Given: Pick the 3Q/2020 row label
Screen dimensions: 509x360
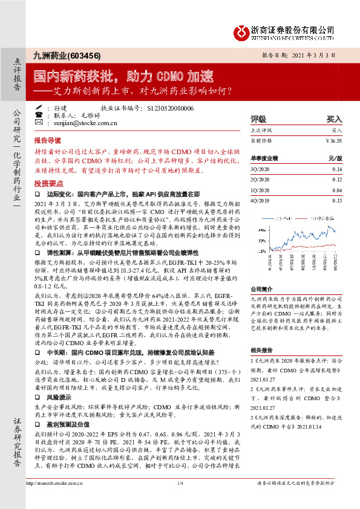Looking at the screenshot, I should pyautogui.click(x=260, y=169).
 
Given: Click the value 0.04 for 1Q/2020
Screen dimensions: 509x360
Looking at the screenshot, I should pyautogui.click(x=336, y=190).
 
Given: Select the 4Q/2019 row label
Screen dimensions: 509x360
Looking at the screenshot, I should pyautogui.click(x=260, y=200).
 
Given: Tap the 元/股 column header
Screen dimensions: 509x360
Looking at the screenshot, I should pyautogui.click(x=335, y=158).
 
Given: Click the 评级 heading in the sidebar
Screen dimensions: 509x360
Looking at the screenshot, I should pyautogui.click(x=258, y=119).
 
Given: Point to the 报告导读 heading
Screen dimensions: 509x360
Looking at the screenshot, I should pyautogui.click(x=47, y=138).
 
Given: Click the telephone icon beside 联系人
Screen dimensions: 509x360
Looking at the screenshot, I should pyautogui.click(x=39, y=115).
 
